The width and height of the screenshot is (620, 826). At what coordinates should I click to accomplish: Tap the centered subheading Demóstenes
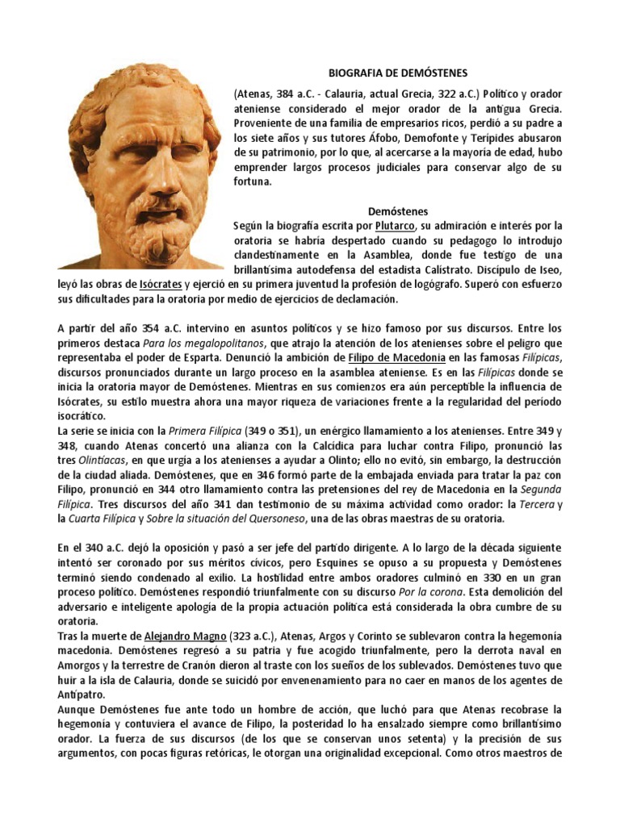click(396, 211)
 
